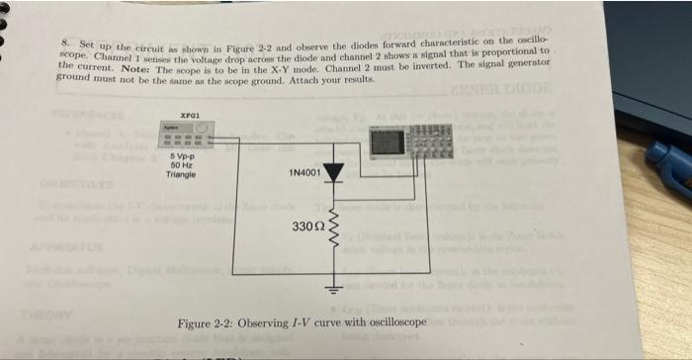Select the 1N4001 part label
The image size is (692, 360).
pos(304,173)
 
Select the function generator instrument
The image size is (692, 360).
pos(189,137)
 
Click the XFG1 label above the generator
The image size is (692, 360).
pos(190,116)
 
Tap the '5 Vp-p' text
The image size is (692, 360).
pos(182,157)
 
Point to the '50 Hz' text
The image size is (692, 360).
pos(182,165)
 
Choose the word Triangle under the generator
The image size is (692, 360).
pos(183,174)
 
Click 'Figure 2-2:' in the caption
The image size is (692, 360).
pos(207,324)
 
